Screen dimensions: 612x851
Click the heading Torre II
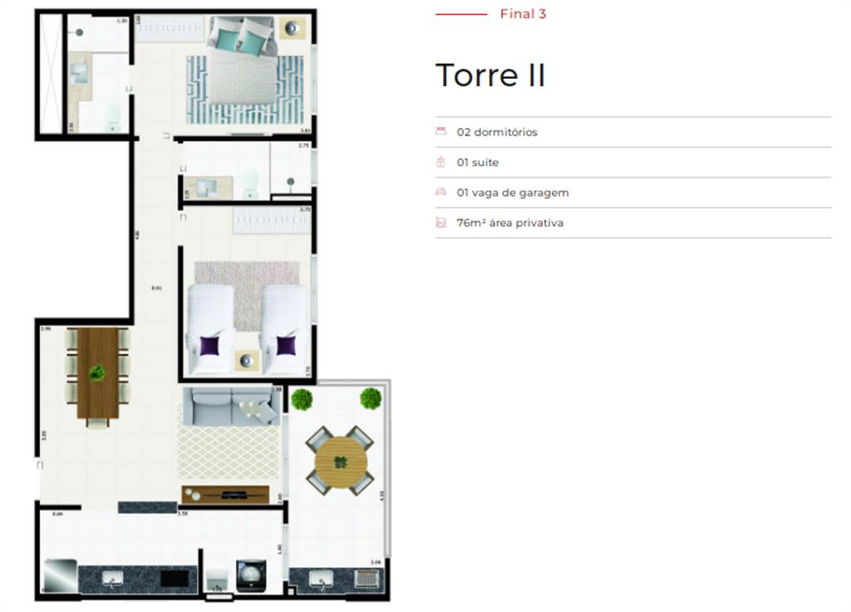[490, 76]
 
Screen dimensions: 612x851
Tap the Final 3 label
[523, 14]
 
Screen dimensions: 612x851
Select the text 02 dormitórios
[497, 132]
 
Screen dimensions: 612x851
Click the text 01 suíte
[478, 162]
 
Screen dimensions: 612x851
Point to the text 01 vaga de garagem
[513, 193]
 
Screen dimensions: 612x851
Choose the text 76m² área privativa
[509, 223]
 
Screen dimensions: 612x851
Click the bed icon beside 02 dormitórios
[440, 131]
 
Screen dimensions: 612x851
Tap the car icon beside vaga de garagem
[440, 192]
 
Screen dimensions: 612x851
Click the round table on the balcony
[339, 461]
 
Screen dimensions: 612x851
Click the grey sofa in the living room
[230, 407]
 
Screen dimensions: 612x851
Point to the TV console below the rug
[225, 495]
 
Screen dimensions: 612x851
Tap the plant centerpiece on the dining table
[98, 373]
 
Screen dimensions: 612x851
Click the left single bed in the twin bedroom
[211, 328]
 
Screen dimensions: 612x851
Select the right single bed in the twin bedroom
[284, 328]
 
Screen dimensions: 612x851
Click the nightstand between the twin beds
[248, 360]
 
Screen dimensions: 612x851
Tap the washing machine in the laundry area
[251, 575]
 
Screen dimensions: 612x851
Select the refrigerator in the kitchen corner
[60, 575]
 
